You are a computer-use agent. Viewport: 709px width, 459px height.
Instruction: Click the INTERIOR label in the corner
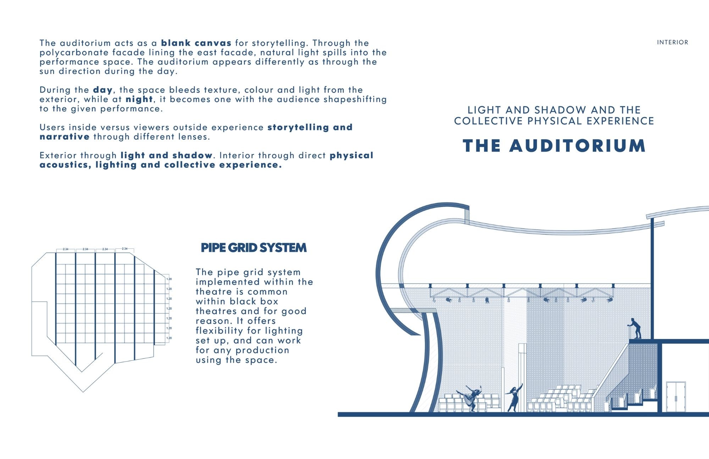(x=672, y=42)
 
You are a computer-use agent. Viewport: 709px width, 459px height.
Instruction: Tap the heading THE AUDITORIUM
(x=554, y=146)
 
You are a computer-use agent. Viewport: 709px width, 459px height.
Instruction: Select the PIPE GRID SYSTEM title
(x=254, y=247)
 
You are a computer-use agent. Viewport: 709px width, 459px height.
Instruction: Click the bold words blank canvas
(x=196, y=43)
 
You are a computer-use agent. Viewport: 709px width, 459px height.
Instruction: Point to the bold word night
(x=139, y=99)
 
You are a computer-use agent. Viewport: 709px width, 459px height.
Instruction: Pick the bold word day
(x=103, y=90)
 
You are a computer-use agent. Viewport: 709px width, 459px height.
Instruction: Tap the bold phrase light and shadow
(x=167, y=155)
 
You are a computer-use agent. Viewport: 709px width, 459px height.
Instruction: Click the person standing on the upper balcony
(x=635, y=328)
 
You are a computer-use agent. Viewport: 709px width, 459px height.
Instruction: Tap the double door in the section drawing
(x=676, y=397)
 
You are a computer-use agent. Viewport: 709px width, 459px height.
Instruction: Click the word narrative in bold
(x=65, y=136)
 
